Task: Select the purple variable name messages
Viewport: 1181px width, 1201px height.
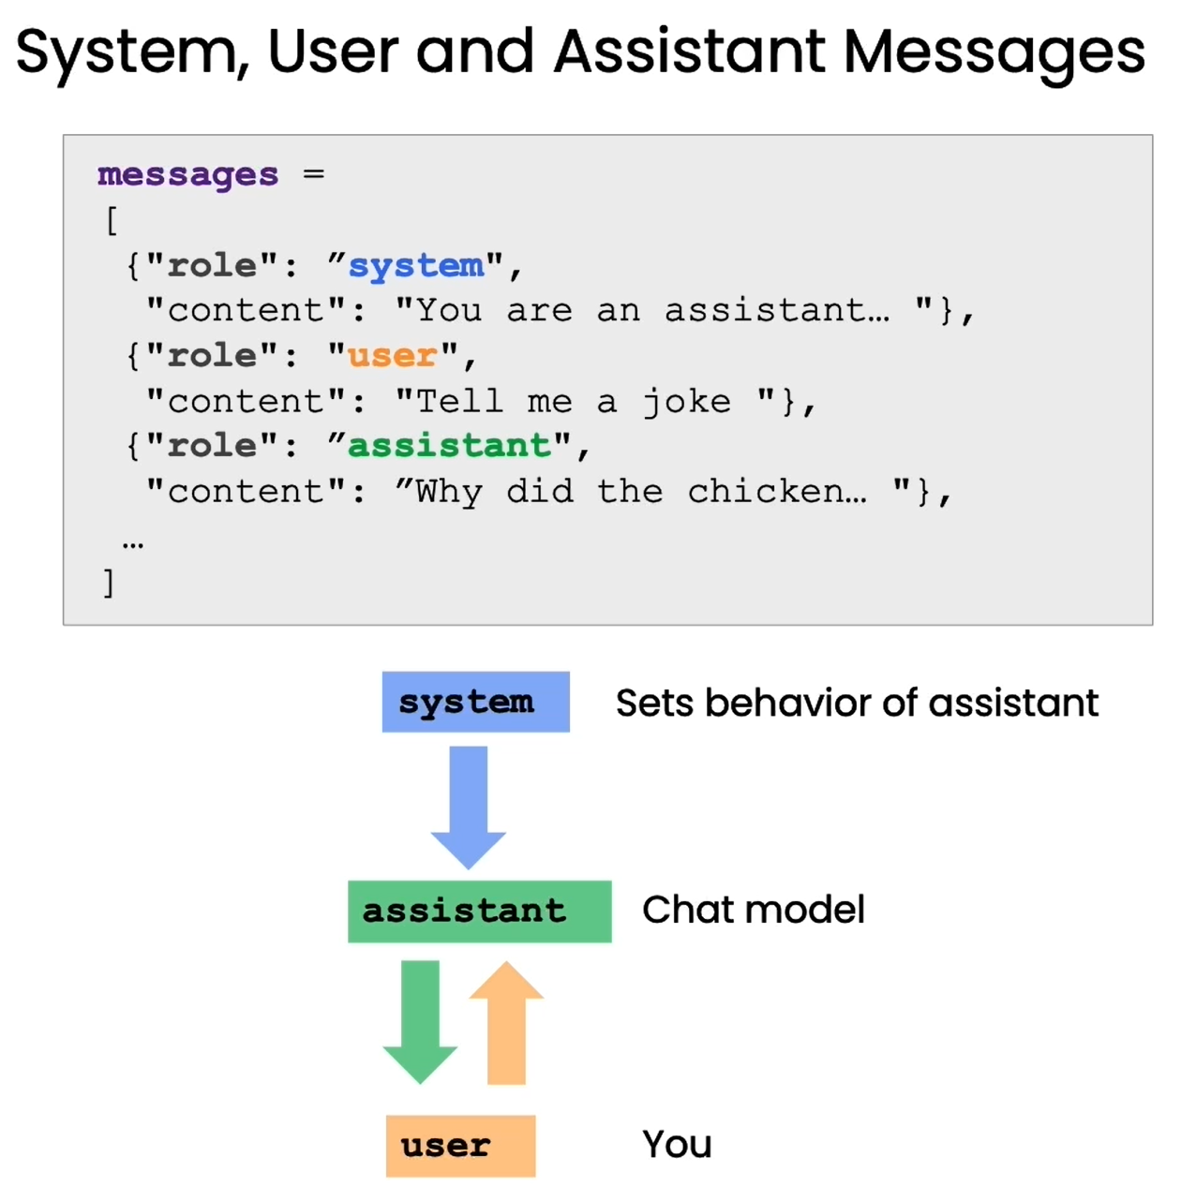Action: [187, 175]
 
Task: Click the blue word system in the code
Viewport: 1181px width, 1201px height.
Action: [416, 266]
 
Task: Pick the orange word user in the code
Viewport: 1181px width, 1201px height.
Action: [392, 356]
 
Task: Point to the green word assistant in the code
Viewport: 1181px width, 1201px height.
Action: [449, 446]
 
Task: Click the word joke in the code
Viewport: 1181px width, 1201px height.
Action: [686, 402]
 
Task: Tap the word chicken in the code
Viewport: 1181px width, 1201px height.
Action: [776, 492]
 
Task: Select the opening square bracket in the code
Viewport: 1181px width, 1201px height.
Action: [112, 221]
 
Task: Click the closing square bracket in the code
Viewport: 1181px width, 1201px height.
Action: [109, 583]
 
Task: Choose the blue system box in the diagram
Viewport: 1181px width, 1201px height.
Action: [475, 702]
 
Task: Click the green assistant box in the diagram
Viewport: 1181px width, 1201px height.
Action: [479, 911]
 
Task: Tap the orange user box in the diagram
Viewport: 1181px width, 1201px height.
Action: [460, 1146]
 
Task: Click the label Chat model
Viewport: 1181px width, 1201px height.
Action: [753, 910]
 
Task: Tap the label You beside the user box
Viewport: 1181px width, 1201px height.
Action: [677, 1145]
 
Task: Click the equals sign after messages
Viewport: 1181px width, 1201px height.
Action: [313, 174]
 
